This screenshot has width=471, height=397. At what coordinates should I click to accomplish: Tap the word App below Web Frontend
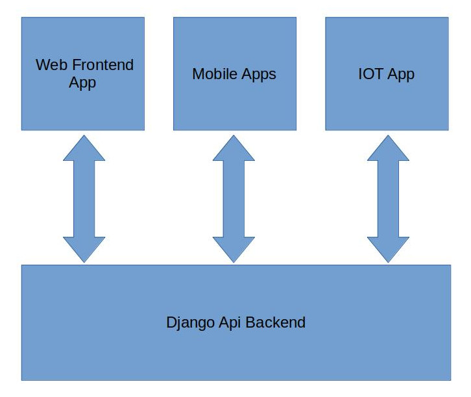pos(82,83)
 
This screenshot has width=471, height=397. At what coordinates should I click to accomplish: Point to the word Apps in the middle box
pos(259,75)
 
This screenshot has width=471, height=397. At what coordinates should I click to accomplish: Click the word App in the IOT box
pos(401,75)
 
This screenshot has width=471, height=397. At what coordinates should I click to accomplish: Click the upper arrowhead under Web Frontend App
pos(84,149)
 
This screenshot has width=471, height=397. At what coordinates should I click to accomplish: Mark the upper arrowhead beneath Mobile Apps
pos(234,149)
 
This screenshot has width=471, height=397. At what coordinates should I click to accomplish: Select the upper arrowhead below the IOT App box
pos(388,149)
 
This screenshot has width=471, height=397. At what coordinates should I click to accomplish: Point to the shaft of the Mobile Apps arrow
pos(234,198)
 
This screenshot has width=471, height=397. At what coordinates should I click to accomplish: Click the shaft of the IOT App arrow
pos(388,198)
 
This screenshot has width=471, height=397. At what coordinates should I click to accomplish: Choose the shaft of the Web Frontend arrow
pos(84,198)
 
